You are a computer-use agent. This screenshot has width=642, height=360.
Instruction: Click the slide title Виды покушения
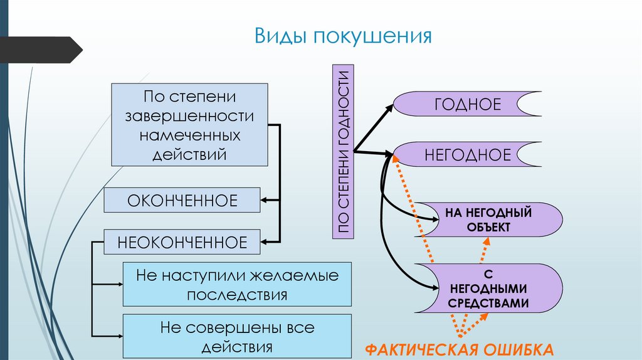click(x=343, y=35)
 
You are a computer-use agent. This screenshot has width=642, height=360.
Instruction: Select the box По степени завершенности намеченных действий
click(x=189, y=124)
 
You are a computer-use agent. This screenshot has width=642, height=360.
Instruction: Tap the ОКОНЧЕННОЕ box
click(x=182, y=201)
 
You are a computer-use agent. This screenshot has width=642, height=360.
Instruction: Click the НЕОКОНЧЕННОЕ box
click(x=182, y=241)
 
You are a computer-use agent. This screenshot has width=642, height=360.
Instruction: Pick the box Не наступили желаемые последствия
click(x=237, y=285)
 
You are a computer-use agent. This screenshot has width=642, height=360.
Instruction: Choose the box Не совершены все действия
click(x=237, y=337)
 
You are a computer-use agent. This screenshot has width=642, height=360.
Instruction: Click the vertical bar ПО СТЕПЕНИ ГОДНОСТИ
click(x=343, y=151)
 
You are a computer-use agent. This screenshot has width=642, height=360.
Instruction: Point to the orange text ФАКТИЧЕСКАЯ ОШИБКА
click(x=459, y=349)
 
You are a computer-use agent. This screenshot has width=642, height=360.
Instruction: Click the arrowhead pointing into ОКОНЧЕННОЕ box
click(x=265, y=201)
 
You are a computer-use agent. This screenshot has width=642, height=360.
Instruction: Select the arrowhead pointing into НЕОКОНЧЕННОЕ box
click(x=265, y=241)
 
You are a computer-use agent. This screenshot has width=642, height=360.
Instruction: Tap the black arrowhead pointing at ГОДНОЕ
click(x=389, y=107)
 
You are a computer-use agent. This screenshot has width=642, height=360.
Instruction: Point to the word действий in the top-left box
click(x=189, y=154)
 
